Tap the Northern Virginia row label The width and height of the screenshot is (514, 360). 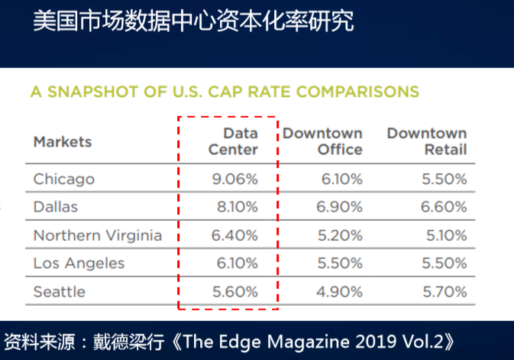(x=97, y=235)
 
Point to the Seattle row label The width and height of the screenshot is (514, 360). (x=59, y=292)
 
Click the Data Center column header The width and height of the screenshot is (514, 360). (x=233, y=141)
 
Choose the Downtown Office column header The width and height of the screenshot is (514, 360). (x=322, y=141)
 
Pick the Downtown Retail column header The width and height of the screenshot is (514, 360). (x=426, y=141)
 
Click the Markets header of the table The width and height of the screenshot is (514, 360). (x=63, y=141)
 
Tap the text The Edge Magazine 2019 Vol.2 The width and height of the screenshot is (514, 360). (x=316, y=341)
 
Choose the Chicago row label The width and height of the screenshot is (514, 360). (x=63, y=179)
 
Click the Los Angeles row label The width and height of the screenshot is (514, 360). (x=79, y=264)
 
